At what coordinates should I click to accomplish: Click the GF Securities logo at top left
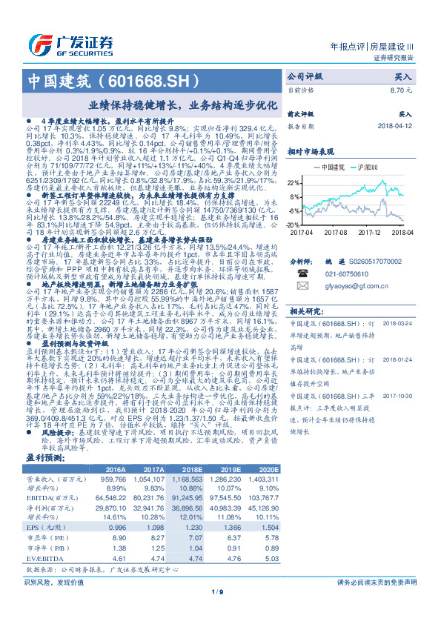(70, 42)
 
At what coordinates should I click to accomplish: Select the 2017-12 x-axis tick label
(368, 231)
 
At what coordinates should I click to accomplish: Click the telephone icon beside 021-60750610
(302, 273)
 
